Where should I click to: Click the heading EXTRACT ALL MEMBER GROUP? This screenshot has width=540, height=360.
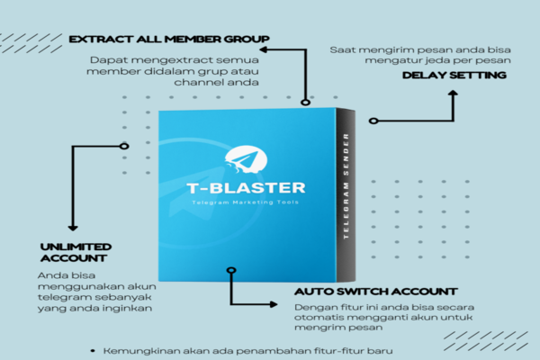(169, 40)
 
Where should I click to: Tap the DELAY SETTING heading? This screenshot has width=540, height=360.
(454, 75)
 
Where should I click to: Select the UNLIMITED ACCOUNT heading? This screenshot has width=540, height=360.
(76, 253)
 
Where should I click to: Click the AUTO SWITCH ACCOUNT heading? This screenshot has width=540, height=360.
(375, 292)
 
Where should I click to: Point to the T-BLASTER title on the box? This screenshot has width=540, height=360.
(246, 188)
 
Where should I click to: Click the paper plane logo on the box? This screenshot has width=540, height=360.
(246, 158)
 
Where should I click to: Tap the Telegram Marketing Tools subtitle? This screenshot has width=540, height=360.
(245, 202)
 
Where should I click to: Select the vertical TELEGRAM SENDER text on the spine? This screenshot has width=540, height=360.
(346, 186)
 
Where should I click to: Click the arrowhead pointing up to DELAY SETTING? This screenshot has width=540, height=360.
(453, 93)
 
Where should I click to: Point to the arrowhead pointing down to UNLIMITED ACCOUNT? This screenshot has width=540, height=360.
(73, 228)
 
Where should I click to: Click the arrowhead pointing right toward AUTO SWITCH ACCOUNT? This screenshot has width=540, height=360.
(274, 304)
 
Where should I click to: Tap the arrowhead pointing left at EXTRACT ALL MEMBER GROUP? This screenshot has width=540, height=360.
(264, 50)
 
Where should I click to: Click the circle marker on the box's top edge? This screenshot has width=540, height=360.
(305, 102)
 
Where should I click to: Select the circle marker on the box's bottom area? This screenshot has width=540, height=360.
(231, 270)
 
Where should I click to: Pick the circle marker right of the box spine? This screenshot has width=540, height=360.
(373, 121)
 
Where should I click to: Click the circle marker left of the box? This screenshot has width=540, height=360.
(124, 146)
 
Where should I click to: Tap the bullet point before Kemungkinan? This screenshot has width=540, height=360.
(93, 351)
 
